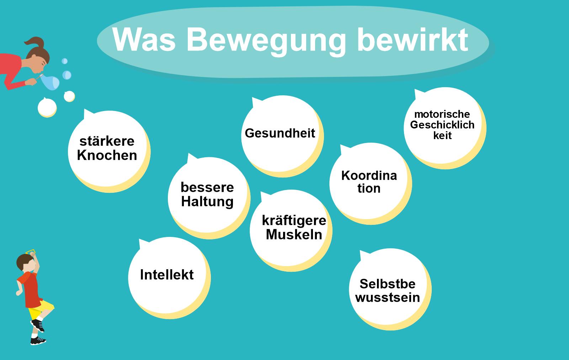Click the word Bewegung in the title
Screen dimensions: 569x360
266,42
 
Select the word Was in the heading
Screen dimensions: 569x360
144,39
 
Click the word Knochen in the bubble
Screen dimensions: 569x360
107,155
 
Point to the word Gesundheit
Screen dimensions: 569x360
280,133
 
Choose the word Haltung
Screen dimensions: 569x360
207,202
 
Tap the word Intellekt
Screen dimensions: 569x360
167,275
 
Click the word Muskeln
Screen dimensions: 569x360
294,234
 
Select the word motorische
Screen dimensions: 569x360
442,114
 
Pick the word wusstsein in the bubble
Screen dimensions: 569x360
388,297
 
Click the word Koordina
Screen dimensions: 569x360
369,176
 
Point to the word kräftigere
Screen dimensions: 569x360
294,221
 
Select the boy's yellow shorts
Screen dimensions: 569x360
40,309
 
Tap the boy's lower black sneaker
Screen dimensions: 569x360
38,340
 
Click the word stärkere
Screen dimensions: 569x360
107,141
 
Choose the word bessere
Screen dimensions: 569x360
207,187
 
